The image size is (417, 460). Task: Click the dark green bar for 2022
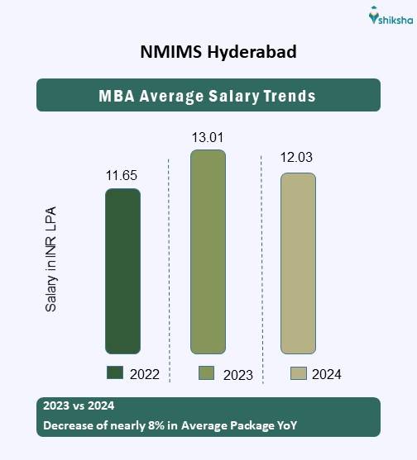[x=122, y=271]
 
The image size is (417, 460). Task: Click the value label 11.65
[x=121, y=176]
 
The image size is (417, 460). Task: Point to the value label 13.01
[x=207, y=137]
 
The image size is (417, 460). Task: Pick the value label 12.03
[x=297, y=159]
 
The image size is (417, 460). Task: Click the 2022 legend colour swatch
[x=115, y=373]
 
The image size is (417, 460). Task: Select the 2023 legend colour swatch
[x=207, y=373]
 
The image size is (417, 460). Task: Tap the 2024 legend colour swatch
[x=299, y=373]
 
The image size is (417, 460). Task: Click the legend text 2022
[x=144, y=374]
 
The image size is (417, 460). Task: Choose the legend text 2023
[x=237, y=375]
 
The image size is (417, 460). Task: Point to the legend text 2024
[x=327, y=374]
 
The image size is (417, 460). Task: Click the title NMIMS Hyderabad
[x=208, y=51]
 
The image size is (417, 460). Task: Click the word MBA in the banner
[x=117, y=96]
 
